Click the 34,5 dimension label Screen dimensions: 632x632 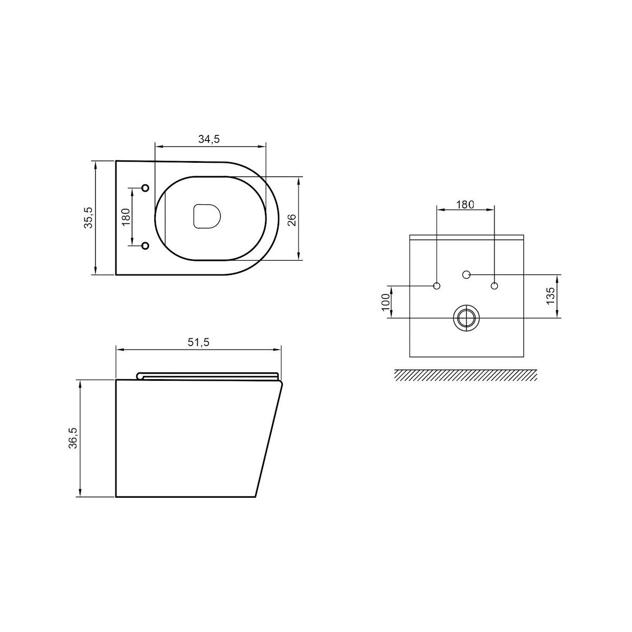click(209, 139)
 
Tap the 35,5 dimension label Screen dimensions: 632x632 click(88, 218)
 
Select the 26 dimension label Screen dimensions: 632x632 click(292, 220)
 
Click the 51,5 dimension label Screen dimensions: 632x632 click(199, 342)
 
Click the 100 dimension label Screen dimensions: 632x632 click(386, 301)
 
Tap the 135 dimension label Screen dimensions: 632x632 click(551, 295)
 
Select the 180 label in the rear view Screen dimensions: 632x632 click(465, 204)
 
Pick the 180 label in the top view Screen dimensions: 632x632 click(126, 217)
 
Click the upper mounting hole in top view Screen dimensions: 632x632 click(145, 188)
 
